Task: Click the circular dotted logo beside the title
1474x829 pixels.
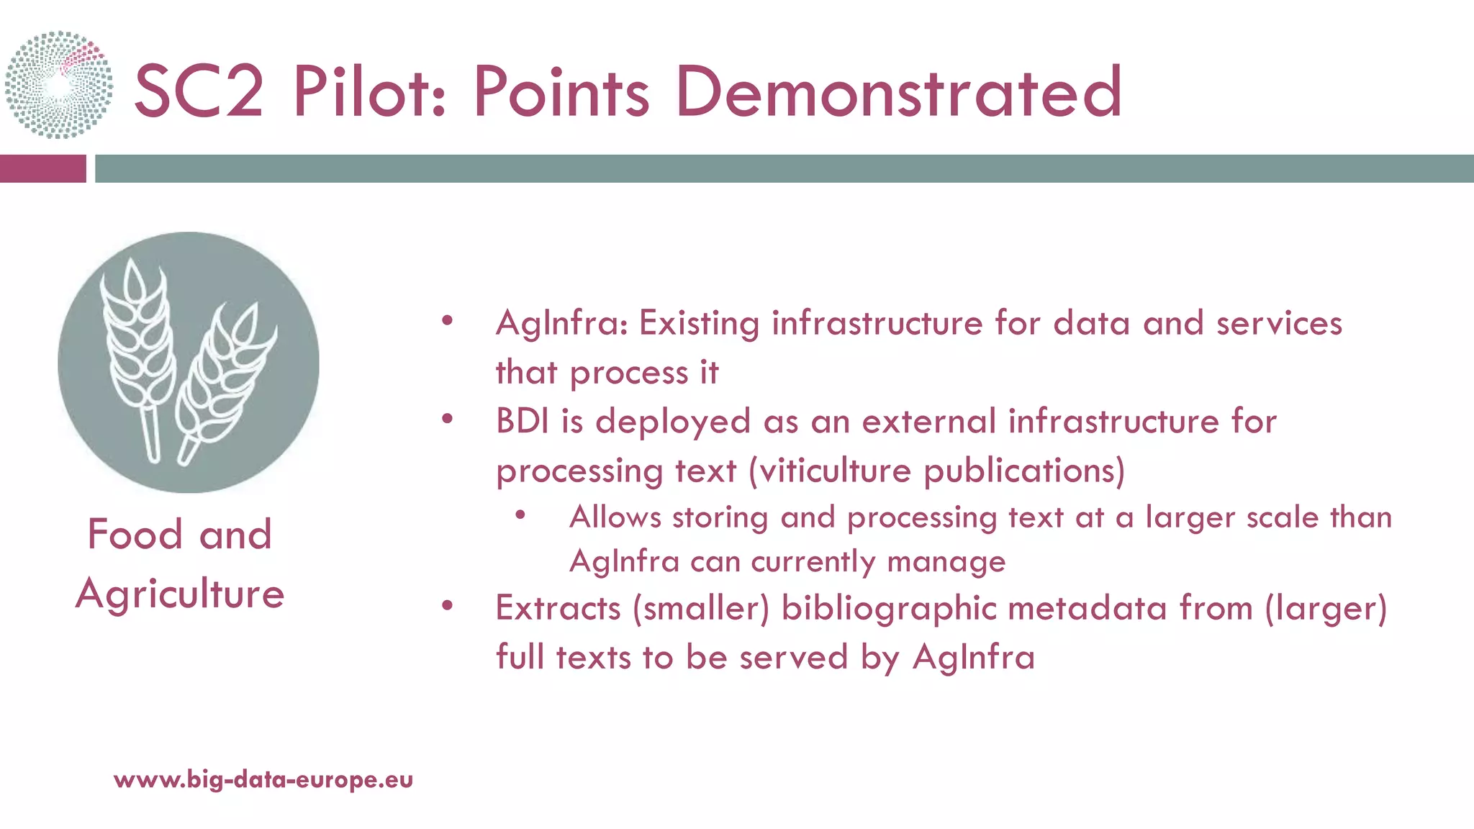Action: (59, 85)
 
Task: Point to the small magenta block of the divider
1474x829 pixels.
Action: (42, 168)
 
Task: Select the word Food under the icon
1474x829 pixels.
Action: (135, 535)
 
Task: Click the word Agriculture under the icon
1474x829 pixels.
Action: (180, 594)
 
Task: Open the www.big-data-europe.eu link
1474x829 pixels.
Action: (263, 779)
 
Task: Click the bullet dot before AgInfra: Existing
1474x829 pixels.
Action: (447, 321)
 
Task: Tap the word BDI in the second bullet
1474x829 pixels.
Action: (523, 421)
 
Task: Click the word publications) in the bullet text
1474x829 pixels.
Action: (1023, 471)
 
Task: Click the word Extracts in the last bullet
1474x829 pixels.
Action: (558, 608)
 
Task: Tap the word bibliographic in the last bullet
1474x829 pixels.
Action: (888, 608)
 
